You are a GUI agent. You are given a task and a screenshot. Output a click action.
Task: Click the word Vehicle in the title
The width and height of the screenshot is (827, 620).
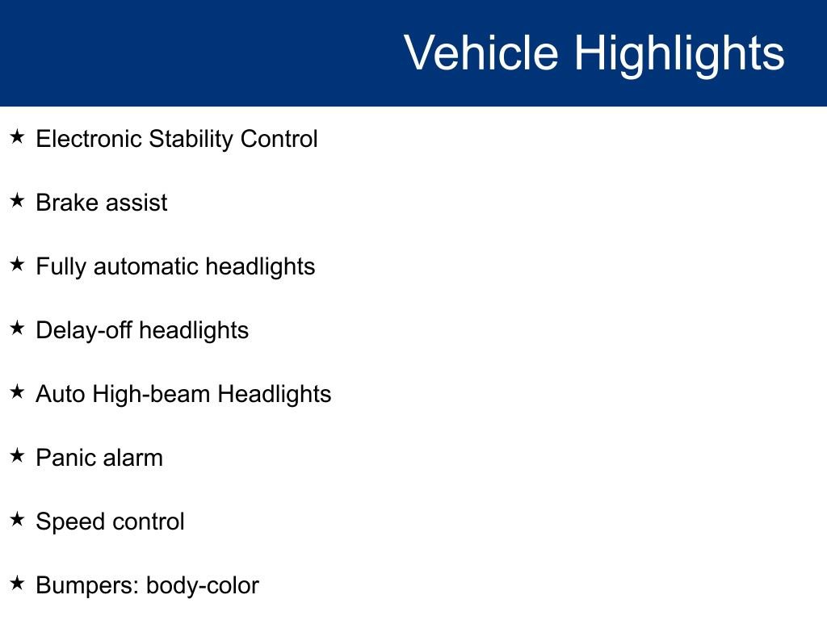[481, 53]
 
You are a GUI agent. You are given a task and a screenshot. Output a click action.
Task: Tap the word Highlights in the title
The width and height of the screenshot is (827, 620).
[679, 53]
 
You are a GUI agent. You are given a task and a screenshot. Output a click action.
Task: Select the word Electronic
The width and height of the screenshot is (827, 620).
[89, 139]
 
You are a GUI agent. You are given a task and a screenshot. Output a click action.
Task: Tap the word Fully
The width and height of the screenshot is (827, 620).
[61, 266]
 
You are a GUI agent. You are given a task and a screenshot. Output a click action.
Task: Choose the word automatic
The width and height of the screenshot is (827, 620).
[146, 266]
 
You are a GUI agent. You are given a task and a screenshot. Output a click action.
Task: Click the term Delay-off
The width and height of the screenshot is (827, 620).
[84, 330]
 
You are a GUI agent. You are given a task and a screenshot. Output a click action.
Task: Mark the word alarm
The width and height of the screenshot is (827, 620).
[132, 458]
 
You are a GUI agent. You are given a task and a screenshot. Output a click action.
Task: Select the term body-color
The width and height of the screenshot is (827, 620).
[202, 585]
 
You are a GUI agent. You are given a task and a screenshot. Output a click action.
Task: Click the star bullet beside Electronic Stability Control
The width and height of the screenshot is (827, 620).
[18, 137]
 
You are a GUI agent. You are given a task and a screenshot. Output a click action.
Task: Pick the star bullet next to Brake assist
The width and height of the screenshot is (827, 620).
[18, 201]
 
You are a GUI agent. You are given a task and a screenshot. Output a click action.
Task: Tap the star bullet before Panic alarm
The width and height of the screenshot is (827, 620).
[18, 456]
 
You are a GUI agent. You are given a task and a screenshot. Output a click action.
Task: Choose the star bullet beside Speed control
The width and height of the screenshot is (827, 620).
[18, 520]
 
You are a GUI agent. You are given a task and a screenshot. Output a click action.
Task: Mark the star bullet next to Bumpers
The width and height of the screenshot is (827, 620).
[18, 584]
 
